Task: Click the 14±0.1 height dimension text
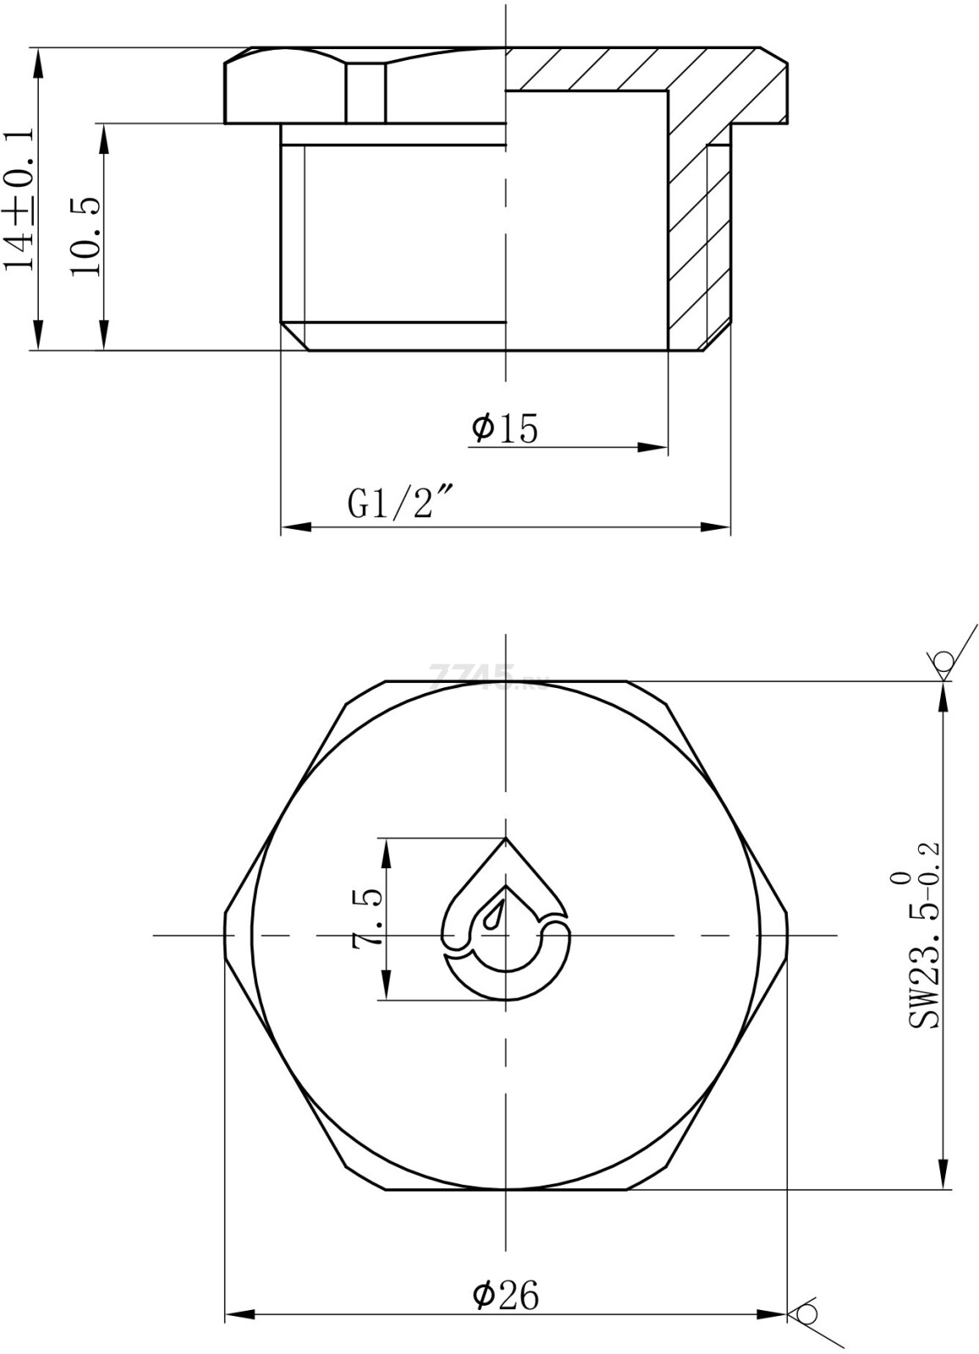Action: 19,199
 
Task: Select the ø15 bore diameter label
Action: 505,428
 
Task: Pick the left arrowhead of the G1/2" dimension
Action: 293,527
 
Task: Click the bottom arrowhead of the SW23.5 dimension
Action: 943,1176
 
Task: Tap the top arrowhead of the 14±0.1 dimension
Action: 38,62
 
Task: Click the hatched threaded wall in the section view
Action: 687,245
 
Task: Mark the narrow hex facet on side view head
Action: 366,93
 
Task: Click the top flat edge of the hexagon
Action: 505,680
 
